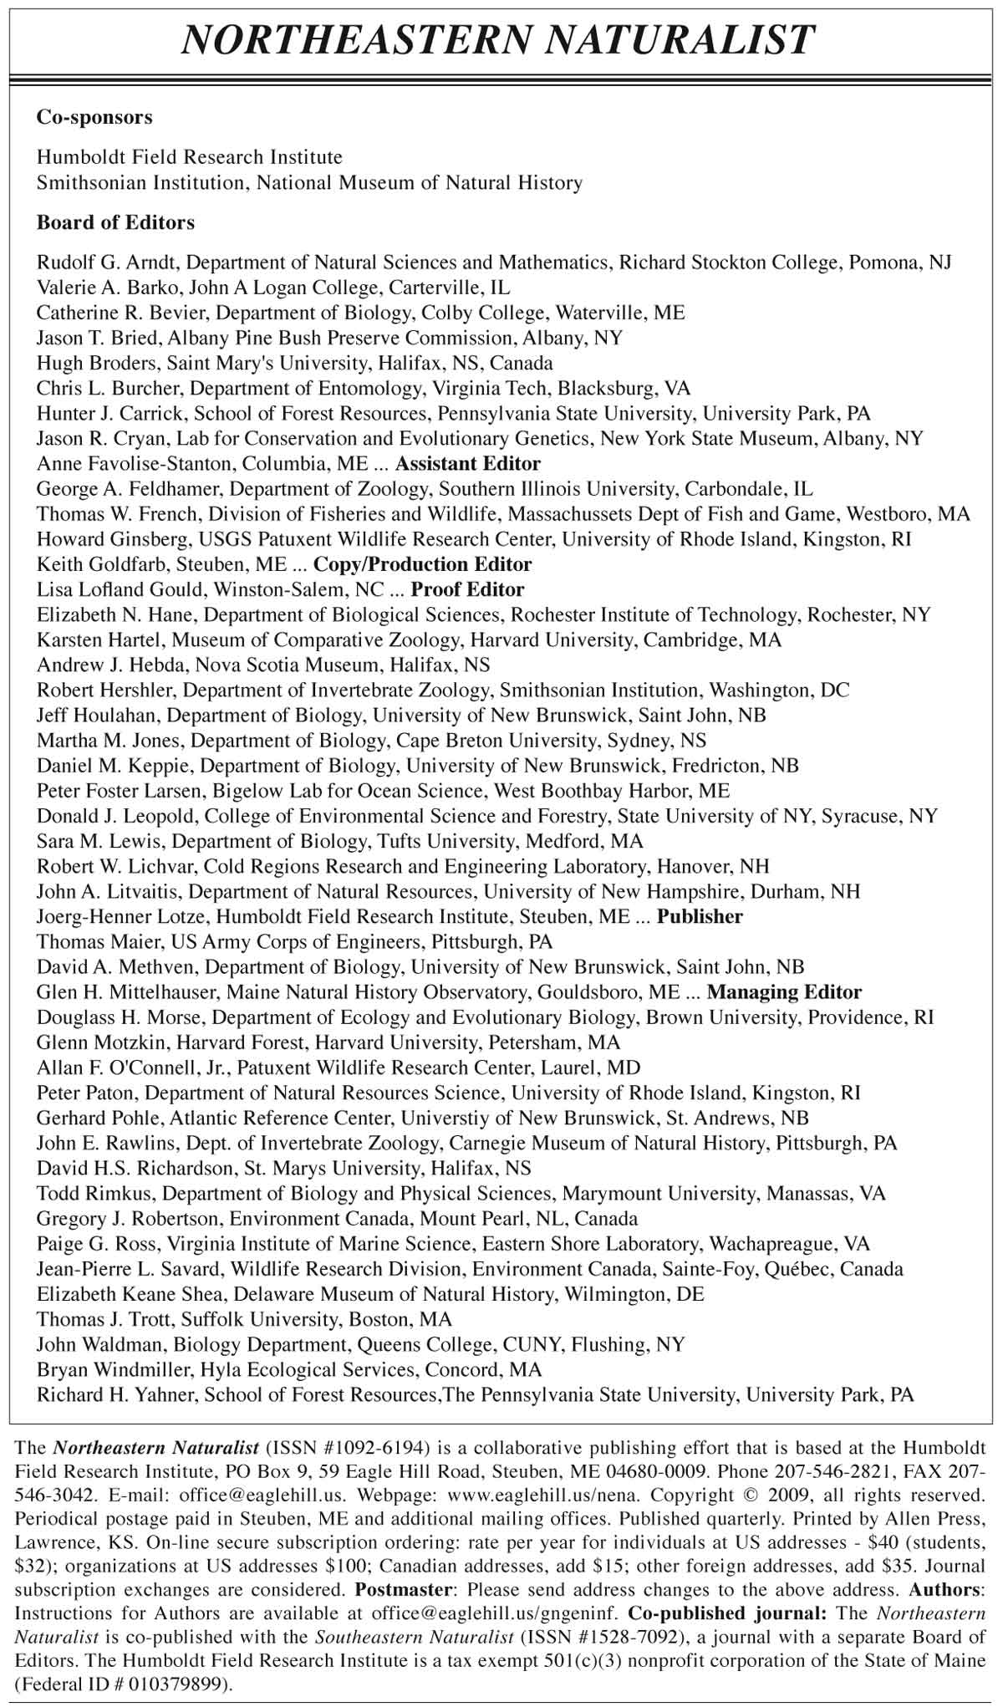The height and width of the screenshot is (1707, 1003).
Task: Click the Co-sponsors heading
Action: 94,117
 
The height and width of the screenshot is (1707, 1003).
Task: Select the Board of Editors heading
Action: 115,222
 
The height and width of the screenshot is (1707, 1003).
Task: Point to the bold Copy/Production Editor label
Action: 422,564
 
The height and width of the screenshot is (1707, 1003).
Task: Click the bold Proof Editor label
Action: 467,589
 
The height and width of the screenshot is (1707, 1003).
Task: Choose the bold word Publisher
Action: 699,916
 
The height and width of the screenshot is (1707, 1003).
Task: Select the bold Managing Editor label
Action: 783,992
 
